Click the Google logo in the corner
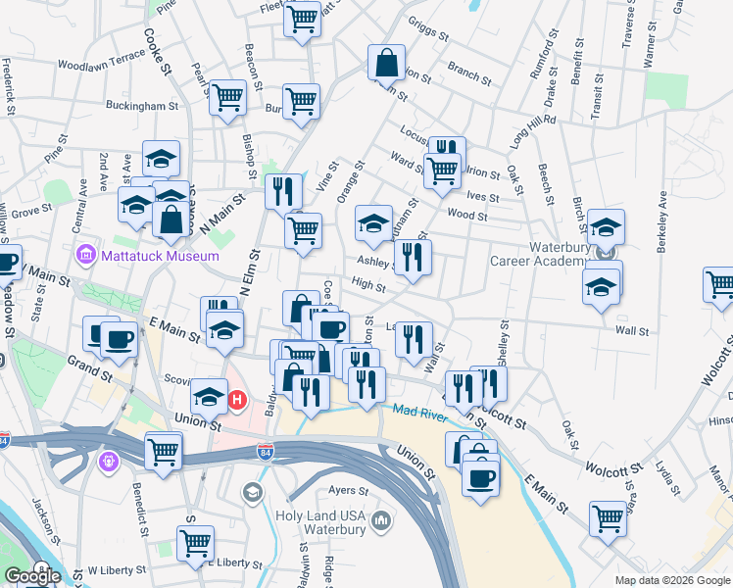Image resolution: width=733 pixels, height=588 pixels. click(x=32, y=576)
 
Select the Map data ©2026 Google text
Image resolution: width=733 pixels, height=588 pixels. click(x=672, y=580)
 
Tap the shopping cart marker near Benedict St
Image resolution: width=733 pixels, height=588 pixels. click(x=163, y=451)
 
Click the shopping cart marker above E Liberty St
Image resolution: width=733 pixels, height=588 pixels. click(x=195, y=542)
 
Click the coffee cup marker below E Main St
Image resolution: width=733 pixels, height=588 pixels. click(x=480, y=477)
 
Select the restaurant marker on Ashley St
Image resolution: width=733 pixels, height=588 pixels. click(x=413, y=257)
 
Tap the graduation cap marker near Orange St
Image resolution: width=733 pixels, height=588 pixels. click(x=373, y=223)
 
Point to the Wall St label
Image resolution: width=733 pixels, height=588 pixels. click(x=632, y=331)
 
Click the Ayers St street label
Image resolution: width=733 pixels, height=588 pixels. click(x=348, y=489)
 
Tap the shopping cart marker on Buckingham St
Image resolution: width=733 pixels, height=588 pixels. click(x=227, y=97)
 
